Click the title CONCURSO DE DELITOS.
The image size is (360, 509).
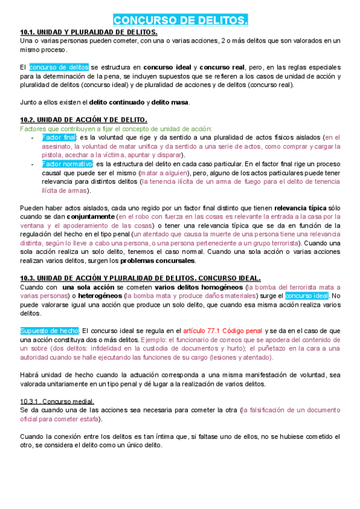(x=180, y=21)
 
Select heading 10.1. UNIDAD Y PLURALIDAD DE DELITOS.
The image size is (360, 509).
(x=89, y=32)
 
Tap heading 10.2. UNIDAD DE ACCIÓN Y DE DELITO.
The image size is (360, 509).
(x=83, y=120)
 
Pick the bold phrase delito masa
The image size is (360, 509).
(x=170, y=102)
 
